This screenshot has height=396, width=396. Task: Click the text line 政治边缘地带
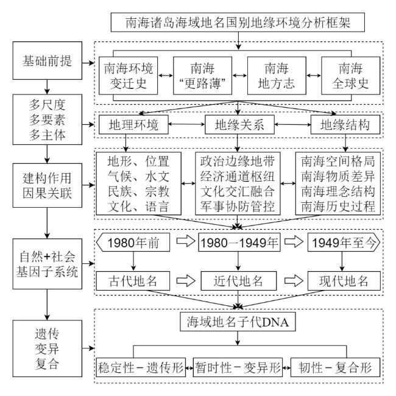pos(238,164)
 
